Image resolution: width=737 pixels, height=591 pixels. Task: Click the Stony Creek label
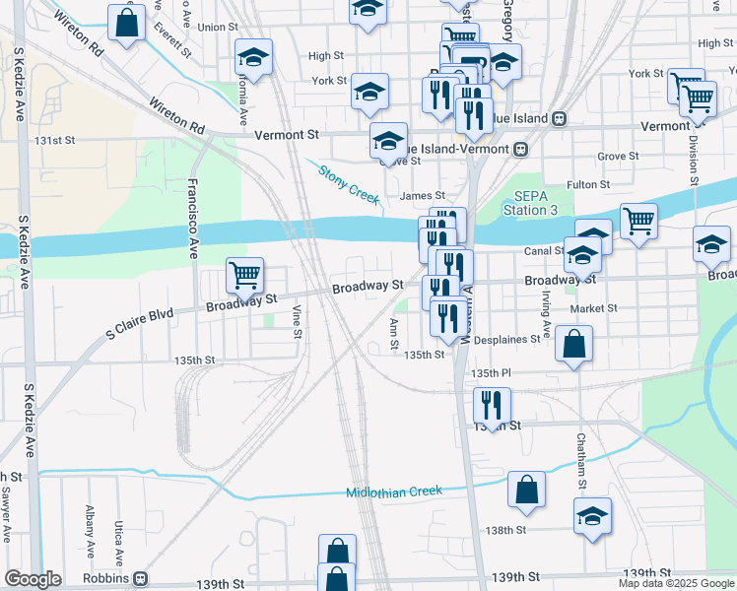point(349,184)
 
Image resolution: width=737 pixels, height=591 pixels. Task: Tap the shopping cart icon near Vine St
point(244,277)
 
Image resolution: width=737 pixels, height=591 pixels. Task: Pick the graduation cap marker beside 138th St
point(592,517)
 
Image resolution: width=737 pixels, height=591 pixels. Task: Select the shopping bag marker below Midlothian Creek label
point(527,490)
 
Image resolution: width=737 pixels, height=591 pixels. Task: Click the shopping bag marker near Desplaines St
point(573,345)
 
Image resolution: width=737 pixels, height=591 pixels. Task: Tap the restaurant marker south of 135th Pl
point(492,405)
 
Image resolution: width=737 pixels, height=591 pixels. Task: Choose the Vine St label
point(297,321)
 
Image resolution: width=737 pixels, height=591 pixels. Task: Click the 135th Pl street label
point(491,374)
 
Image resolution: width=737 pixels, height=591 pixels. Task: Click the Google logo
point(33,579)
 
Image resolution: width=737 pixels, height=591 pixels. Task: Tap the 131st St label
point(55,141)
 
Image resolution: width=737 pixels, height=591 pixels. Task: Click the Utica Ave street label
point(118,540)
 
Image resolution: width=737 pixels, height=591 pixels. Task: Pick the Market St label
point(593,308)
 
